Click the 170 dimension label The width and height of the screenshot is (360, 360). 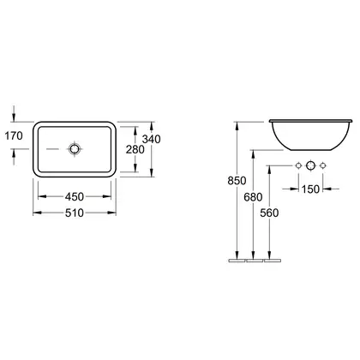tap(14, 135)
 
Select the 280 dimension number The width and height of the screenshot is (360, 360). tap(135, 149)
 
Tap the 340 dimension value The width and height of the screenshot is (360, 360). tap(152, 139)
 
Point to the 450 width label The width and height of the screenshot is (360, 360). tap(75, 196)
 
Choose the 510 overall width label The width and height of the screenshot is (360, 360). tap(75, 213)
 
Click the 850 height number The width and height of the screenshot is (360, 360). tap(237, 181)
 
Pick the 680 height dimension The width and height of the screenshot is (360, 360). tap(253, 197)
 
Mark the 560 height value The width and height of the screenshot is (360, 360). tap(269, 213)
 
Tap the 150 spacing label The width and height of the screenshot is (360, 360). tap(310, 189)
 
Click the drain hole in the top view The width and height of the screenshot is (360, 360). tap(74, 149)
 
